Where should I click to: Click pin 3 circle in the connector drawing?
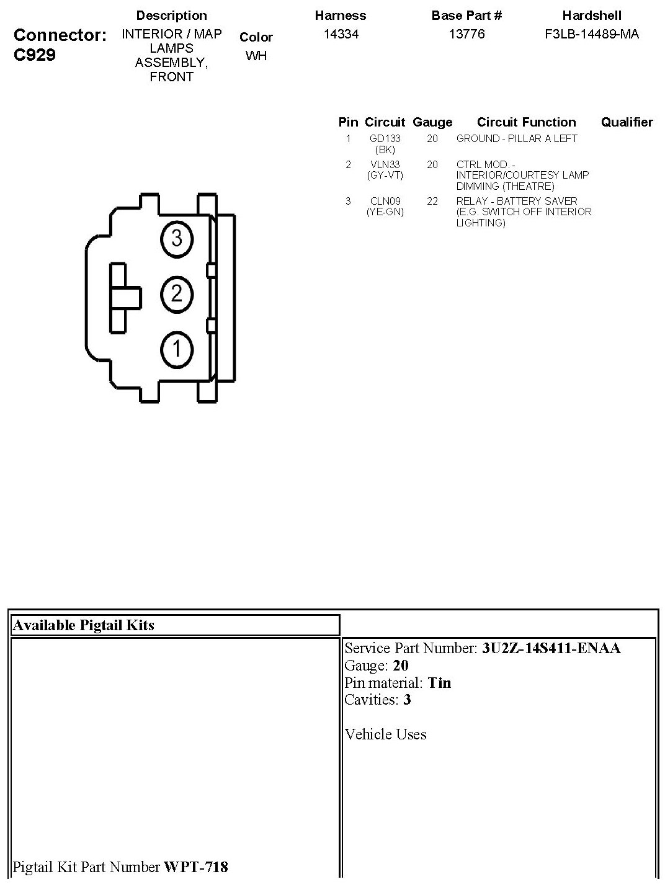(x=177, y=238)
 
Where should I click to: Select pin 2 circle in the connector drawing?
(x=177, y=293)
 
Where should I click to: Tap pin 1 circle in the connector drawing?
(x=177, y=349)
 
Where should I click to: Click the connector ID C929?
(x=35, y=55)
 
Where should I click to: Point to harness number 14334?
(x=341, y=34)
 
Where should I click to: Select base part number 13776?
(x=466, y=34)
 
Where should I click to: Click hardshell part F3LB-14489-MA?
(x=591, y=34)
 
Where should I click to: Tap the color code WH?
(x=256, y=56)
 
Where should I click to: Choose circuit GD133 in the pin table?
(x=385, y=139)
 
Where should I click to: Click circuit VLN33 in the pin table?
(x=385, y=164)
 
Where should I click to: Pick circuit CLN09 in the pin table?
(x=385, y=201)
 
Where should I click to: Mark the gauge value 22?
(x=432, y=201)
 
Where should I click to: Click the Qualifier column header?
(x=627, y=122)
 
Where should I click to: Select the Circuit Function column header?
(x=526, y=122)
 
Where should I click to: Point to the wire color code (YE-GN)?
(x=385, y=212)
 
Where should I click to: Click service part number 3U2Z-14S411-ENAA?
(x=551, y=648)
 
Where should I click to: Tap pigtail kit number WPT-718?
(x=195, y=867)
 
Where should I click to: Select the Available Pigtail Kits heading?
(x=83, y=625)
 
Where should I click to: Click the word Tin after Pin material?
(x=439, y=683)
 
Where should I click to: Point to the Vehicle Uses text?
(x=385, y=734)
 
